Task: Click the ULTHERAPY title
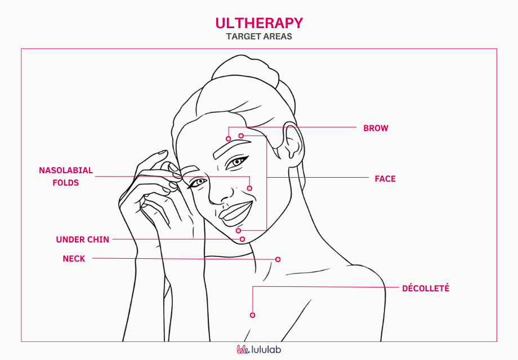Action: click(259, 23)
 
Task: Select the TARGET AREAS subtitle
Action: click(259, 37)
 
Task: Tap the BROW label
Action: click(376, 128)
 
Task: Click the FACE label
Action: click(385, 179)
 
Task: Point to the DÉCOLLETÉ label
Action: click(425, 289)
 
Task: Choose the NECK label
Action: click(74, 259)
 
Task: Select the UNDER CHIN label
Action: click(82, 240)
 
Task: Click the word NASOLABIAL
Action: click(66, 170)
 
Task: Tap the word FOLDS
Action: click(66, 183)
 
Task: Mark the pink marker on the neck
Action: click(278, 259)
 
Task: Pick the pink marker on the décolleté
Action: click(252, 315)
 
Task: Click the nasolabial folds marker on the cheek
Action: click(249, 188)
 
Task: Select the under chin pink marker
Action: click(242, 240)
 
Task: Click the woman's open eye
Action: click(237, 163)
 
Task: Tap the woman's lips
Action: click(235, 211)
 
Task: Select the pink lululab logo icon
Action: click(243, 350)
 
